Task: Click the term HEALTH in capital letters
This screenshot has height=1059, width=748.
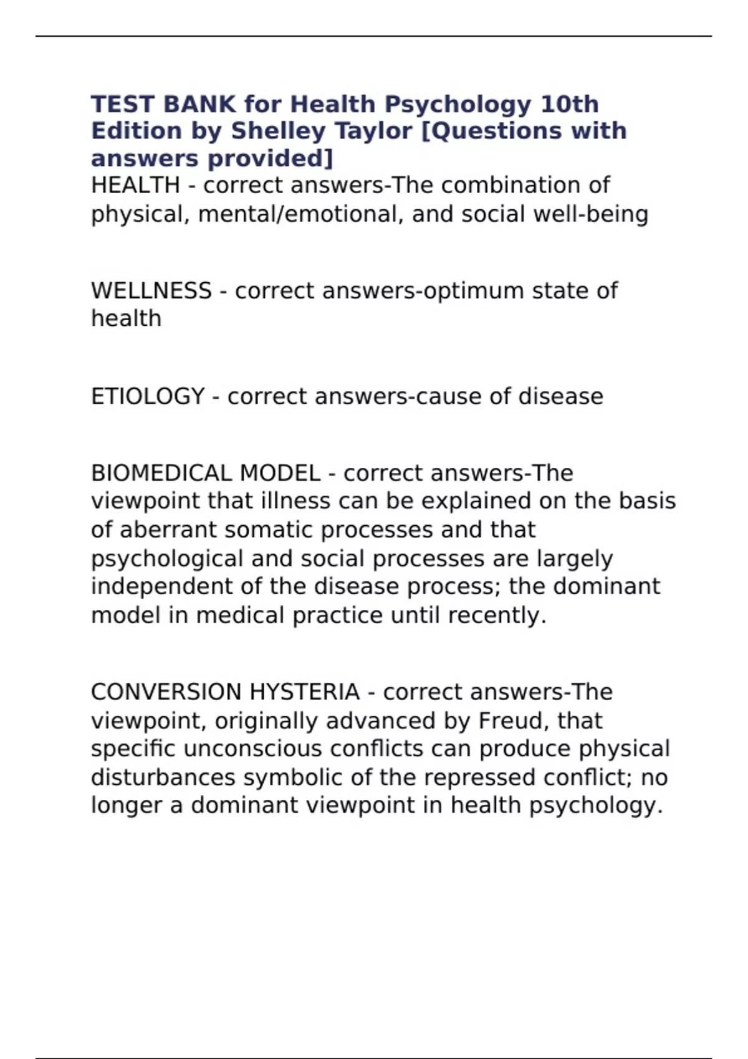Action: [135, 186]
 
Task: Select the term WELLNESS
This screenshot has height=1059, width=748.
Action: [151, 291]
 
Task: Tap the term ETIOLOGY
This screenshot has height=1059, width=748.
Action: [148, 397]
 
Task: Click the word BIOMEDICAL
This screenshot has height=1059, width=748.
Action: [161, 473]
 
